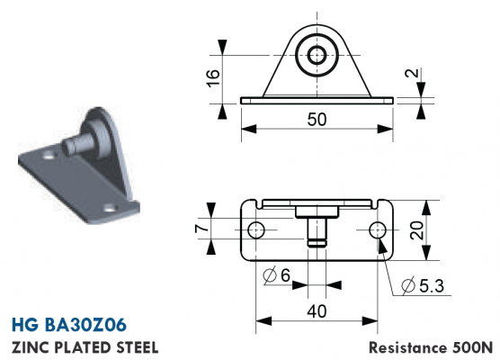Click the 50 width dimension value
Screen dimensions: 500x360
(x=317, y=120)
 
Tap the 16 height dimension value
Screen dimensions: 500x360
(x=213, y=78)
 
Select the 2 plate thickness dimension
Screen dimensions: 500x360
(x=412, y=73)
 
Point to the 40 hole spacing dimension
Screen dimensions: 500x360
(x=317, y=311)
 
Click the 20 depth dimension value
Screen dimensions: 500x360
(x=416, y=230)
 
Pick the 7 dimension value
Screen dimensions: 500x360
(x=201, y=229)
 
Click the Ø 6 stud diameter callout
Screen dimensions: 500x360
(x=276, y=275)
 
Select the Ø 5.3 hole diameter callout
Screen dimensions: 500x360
(x=423, y=285)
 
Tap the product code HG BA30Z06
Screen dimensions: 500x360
(x=69, y=325)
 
